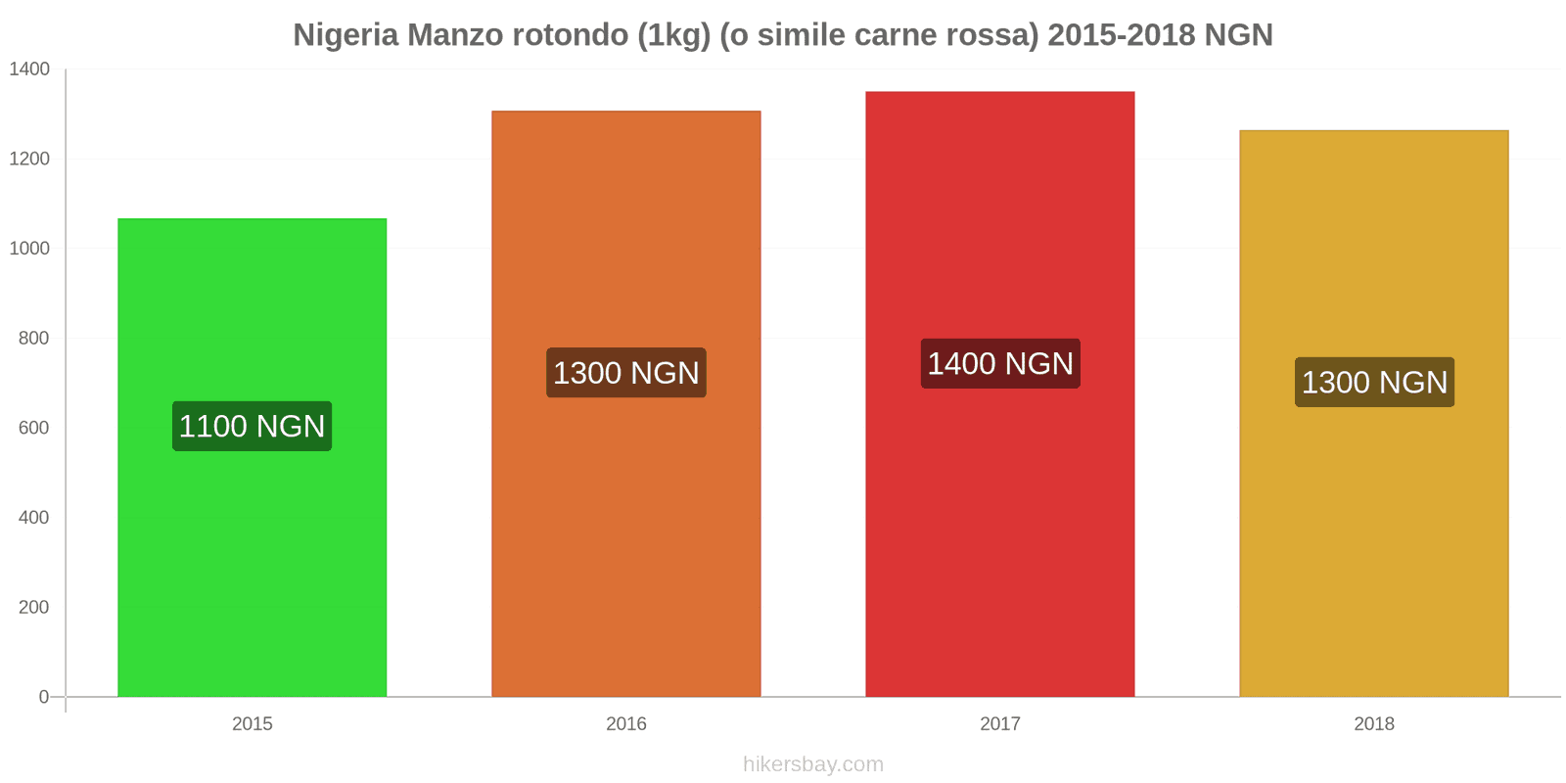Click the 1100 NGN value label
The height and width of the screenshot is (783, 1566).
click(x=252, y=427)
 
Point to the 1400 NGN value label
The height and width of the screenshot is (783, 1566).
click(x=1000, y=364)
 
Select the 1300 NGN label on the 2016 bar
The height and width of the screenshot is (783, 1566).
click(x=626, y=373)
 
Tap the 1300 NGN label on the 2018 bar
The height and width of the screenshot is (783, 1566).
click(x=1374, y=383)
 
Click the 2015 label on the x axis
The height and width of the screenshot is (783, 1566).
click(x=252, y=724)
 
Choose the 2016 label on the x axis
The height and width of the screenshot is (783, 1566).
click(x=625, y=724)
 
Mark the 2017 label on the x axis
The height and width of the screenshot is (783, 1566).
click(x=999, y=724)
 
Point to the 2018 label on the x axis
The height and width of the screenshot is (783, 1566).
click(x=1373, y=724)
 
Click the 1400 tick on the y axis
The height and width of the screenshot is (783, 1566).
click(x=29, y=69)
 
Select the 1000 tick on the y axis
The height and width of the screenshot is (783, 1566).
click(x=29, y=249)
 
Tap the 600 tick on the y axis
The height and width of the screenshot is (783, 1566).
click(x=33, y=428)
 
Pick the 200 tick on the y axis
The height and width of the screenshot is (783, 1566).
click(x=33, y=607)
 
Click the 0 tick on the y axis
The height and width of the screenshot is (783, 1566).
click(x=43, y=697)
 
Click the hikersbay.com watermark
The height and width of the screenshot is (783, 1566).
click(x=812, y=764)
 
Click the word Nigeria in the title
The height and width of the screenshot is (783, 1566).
click(x=345, y=35)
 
